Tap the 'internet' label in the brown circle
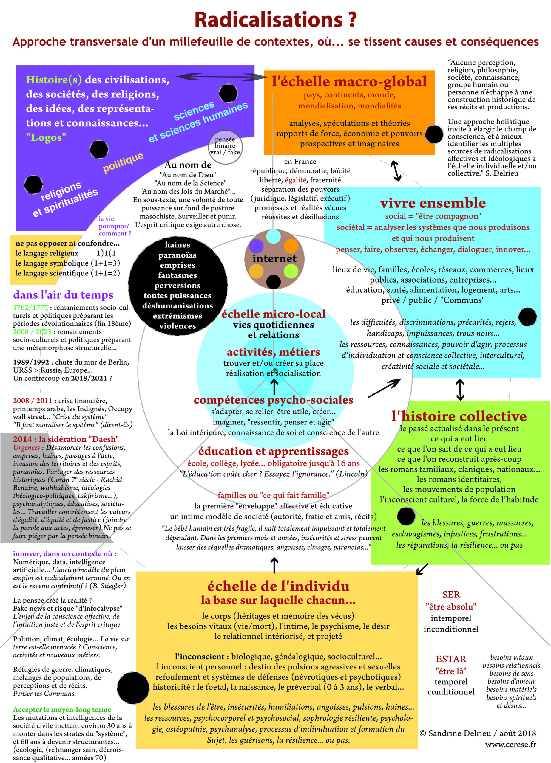pos(274,258)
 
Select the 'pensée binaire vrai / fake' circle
pos(225,147)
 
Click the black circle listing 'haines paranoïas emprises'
pos(178,285)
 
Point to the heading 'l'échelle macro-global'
pos(349,81)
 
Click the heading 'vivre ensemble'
pos(433,203)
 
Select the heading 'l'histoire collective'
pos(459,416)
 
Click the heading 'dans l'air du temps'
pos(63,295)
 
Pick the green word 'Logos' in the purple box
pos(46,137)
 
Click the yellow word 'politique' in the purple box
pos(123,162)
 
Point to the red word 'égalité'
pos(296,180)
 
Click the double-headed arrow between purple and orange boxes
pos(220,77)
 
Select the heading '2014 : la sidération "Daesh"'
pos(66,439)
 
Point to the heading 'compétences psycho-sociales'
pos(274,400)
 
